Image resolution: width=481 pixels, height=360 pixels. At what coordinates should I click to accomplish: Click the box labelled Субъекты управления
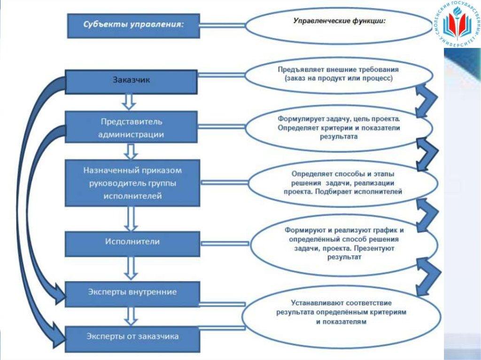tap(134, 25)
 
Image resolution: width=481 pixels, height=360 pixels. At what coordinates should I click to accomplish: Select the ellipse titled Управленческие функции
tap(338, 26)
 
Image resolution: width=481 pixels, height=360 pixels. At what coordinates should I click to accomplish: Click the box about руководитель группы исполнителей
tap(132, 183)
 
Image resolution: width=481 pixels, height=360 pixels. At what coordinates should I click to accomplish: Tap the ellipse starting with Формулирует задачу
tap(338, 128)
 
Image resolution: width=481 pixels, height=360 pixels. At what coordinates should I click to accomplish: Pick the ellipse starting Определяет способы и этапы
tap(342, 183)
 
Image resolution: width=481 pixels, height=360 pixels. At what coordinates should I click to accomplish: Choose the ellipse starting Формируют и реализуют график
tap(345, 244)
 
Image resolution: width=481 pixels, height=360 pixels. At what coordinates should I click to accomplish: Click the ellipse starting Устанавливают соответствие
tap(341, 313)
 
